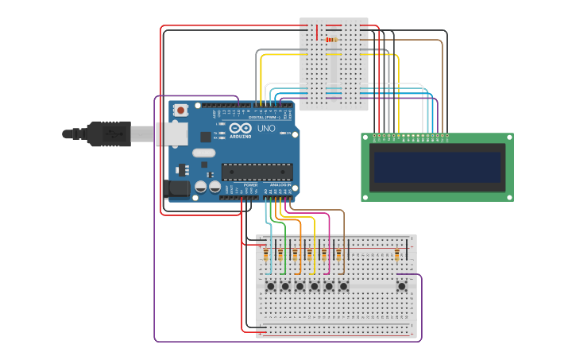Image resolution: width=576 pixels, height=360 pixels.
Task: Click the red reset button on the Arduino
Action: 181,110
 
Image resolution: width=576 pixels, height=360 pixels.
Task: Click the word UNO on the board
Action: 266,128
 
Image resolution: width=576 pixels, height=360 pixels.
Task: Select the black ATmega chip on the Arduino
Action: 256,171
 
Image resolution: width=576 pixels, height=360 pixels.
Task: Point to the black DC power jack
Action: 176,188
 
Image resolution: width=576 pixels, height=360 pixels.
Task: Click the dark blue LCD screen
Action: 437,168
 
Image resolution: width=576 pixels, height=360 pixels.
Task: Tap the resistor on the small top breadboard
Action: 331,40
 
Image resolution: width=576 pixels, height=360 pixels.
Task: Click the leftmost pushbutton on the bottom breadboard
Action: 271,285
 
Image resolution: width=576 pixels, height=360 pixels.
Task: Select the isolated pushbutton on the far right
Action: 402,285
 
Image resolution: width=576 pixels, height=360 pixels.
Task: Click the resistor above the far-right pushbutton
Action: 397,254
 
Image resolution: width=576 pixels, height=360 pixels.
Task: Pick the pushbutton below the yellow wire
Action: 315,285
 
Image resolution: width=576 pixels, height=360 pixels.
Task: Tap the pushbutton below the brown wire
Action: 343,285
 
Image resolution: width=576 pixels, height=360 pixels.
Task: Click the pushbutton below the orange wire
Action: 300,285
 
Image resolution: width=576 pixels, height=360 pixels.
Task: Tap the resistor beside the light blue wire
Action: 266,254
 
